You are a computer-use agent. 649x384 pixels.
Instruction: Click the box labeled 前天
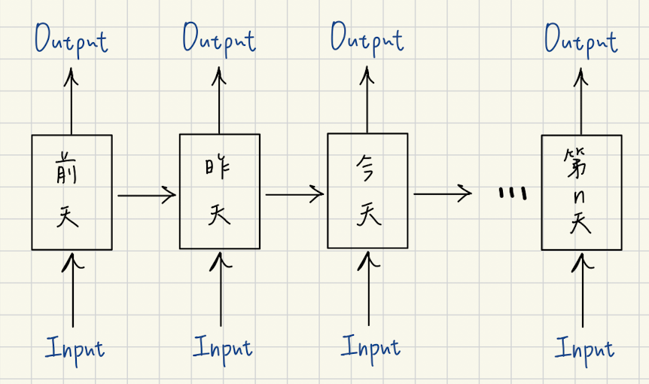click(72, 192)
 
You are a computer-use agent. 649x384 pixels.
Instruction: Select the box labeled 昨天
click(219, 191)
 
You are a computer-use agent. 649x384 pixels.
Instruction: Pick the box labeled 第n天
click(582, 192)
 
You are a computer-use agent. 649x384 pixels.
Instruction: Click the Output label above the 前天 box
click(72, 39)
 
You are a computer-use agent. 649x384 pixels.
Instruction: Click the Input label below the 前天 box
click(75, 348)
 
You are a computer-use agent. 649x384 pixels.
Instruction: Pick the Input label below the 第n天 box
click(584, 348)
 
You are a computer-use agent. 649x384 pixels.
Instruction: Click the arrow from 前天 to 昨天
click(146, 196)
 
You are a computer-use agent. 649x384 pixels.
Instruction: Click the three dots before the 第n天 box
click(512, 194)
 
